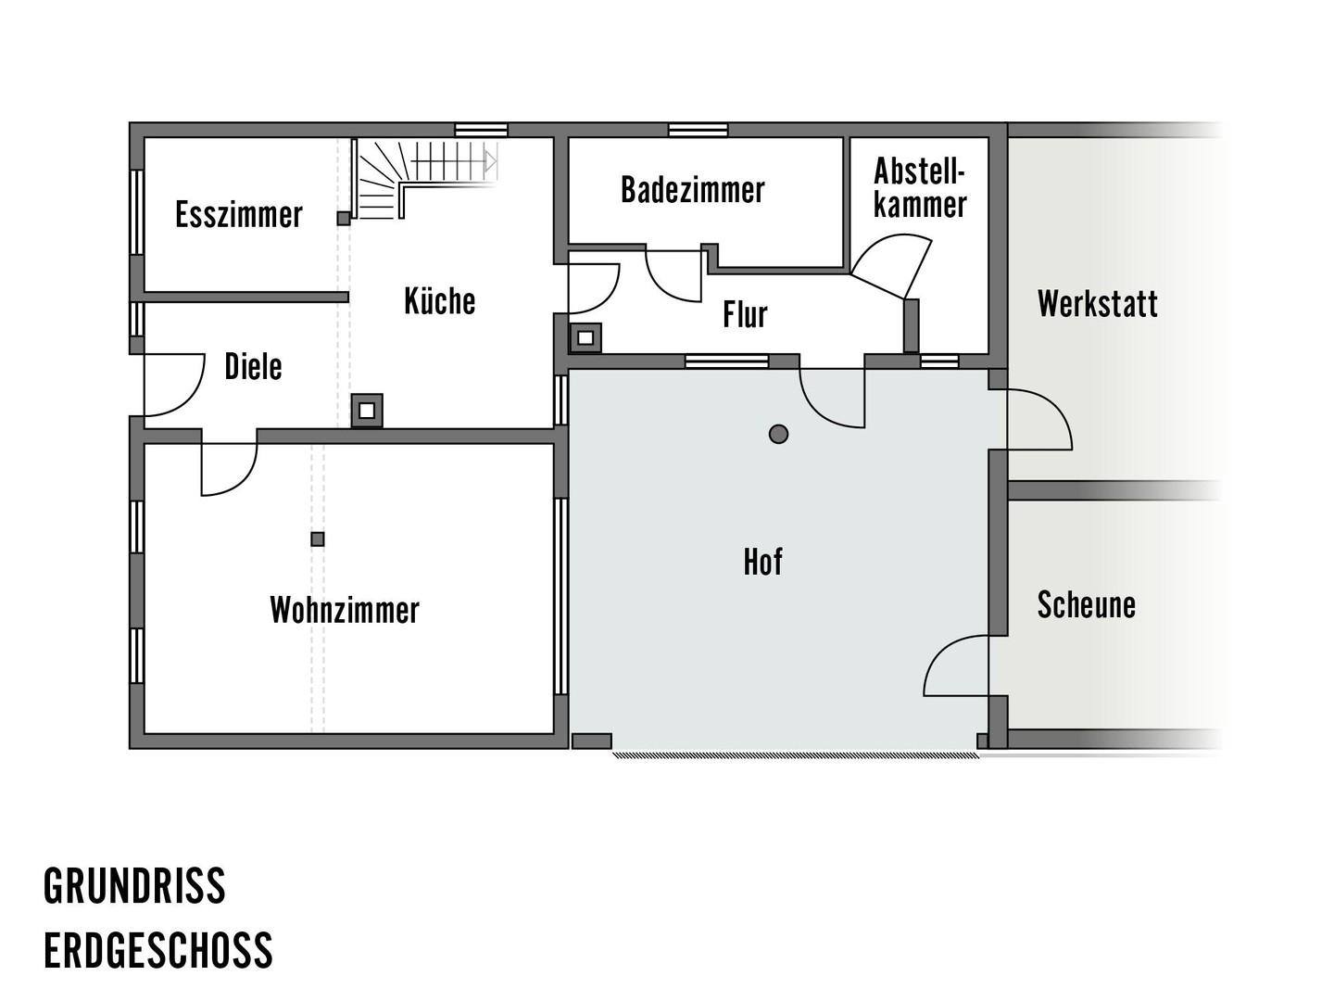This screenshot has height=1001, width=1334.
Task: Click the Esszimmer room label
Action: click(x=238, y=214)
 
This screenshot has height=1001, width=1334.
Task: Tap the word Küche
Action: click(x=439, y=301)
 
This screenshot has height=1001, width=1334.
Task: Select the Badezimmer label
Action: click(x=692, y=190)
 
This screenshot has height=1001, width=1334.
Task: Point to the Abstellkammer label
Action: click(x=920, y=188)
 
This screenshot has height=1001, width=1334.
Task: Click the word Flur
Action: click(x=745, y=314)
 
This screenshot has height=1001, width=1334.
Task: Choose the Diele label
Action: click(x=253, y=366)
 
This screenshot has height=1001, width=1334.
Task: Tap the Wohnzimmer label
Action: click(x=345, y=610)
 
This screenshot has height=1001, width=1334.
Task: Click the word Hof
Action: click(x=762, y=562)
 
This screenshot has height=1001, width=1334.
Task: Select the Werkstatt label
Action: click(x=1097, y=303)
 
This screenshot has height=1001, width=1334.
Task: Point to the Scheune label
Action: click(x=1086, y=604)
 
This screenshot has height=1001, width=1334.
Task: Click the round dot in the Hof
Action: click(x=778, y=434)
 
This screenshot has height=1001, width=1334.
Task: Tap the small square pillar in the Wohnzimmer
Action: click(x=317, y=539)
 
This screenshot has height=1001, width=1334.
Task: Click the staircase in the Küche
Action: click(x=425, y=179)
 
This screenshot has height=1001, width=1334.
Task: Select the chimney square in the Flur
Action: click(x=585, y=338)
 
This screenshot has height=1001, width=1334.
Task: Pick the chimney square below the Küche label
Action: click(x=367, y=411)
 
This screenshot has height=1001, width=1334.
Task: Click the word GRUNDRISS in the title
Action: click(x=134, y=886)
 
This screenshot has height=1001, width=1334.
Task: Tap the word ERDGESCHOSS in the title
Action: click(x=158, y=951)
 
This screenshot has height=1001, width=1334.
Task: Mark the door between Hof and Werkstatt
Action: click(x=1038, y=419)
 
